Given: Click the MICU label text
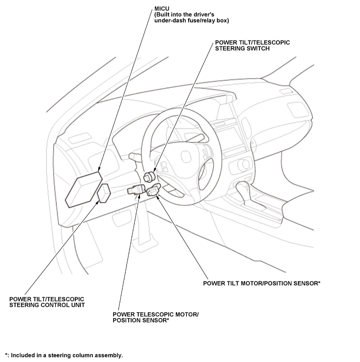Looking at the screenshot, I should tap(162, 9).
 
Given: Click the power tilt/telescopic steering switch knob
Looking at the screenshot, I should tap(149, 176).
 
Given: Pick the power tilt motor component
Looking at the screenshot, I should tap(153, 191).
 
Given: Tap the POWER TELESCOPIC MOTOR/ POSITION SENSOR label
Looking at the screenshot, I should tap(155, 318).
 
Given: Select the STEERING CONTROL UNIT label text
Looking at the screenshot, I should tap(47, 305).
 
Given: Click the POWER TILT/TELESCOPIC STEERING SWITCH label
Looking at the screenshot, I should tap(252, 45).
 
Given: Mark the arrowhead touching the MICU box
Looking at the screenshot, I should tap(99, 171).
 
